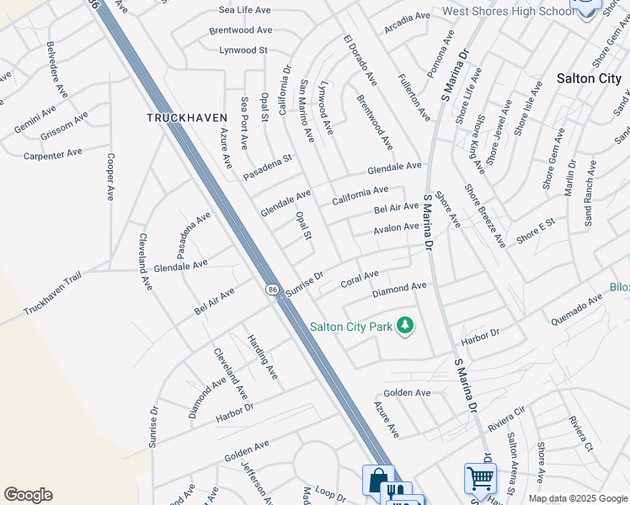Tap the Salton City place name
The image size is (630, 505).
[589, 78]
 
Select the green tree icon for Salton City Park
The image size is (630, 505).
[405, 326]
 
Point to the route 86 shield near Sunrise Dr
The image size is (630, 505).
[272, 289]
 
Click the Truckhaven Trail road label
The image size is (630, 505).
[56, 297]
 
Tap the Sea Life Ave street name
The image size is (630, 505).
[244, 10]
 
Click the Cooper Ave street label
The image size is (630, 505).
[109, 176]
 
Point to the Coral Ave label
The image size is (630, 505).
[360, 279]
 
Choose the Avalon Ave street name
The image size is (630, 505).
[396, 228]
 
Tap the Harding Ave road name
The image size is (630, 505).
[261, 355]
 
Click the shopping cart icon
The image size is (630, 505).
[480, 478]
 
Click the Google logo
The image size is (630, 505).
[29, 495]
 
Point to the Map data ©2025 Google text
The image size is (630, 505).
[578, 498]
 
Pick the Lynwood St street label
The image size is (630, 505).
[243, 50]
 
